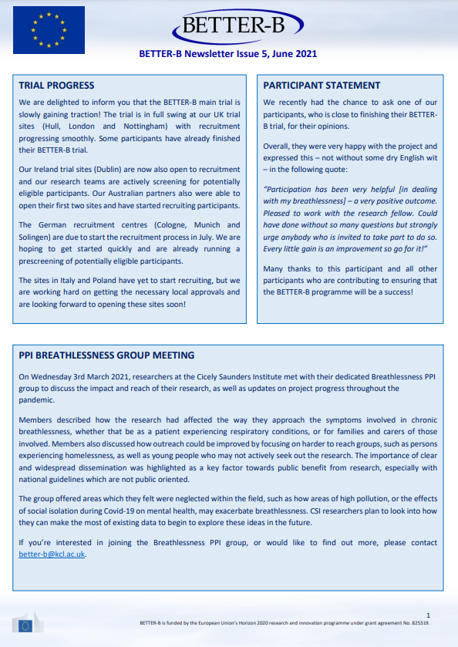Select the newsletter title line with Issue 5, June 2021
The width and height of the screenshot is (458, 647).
(227, 54)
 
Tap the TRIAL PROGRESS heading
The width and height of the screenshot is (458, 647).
(56, 86)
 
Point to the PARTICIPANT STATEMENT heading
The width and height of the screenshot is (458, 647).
(322, 86)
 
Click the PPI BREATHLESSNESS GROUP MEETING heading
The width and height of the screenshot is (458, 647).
(106, 356)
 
